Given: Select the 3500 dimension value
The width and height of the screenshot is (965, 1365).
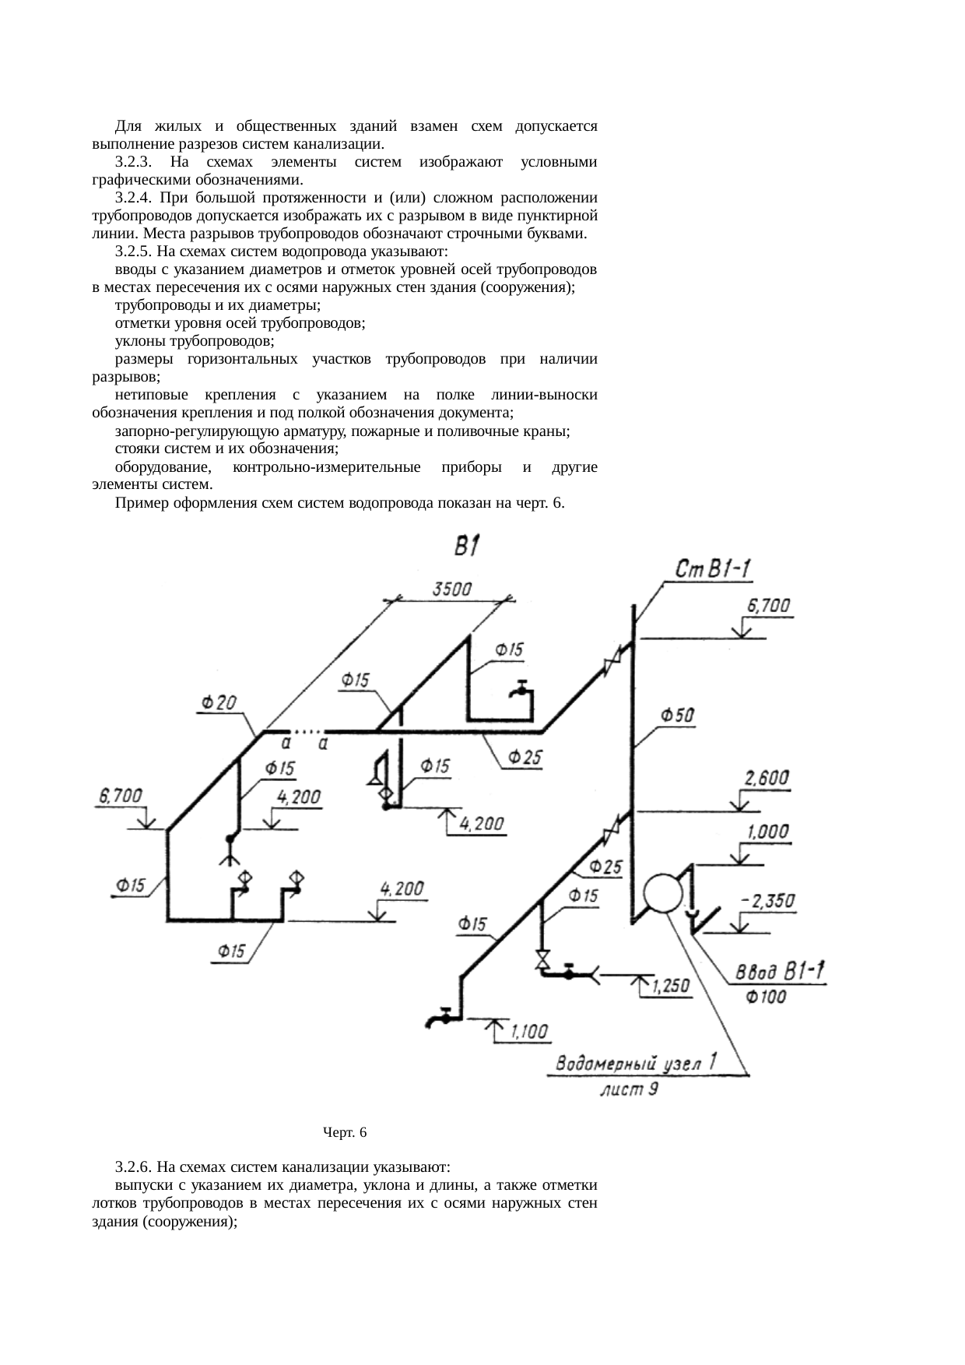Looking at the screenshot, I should tap(451, 589).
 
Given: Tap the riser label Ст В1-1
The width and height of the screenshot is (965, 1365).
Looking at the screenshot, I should tap(713, 570).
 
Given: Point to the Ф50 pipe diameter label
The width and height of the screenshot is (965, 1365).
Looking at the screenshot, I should tap(678, 715).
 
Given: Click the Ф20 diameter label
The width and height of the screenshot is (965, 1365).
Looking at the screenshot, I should tap(220, 702).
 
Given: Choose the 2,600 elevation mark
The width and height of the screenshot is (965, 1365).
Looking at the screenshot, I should tap(767, 778).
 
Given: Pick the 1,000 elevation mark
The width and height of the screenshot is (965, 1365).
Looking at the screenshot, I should tap(768, 832).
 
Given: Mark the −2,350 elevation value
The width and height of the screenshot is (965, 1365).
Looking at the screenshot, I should tap(768, 901).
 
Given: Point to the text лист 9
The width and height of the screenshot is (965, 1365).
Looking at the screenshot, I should tap(630, 1089).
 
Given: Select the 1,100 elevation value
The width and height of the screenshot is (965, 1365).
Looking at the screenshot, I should tap(530, 1033).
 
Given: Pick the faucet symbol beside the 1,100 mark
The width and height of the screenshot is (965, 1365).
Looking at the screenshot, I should tap(440, 1018).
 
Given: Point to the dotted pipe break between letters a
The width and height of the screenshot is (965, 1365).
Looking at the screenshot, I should tap(308, 731).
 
